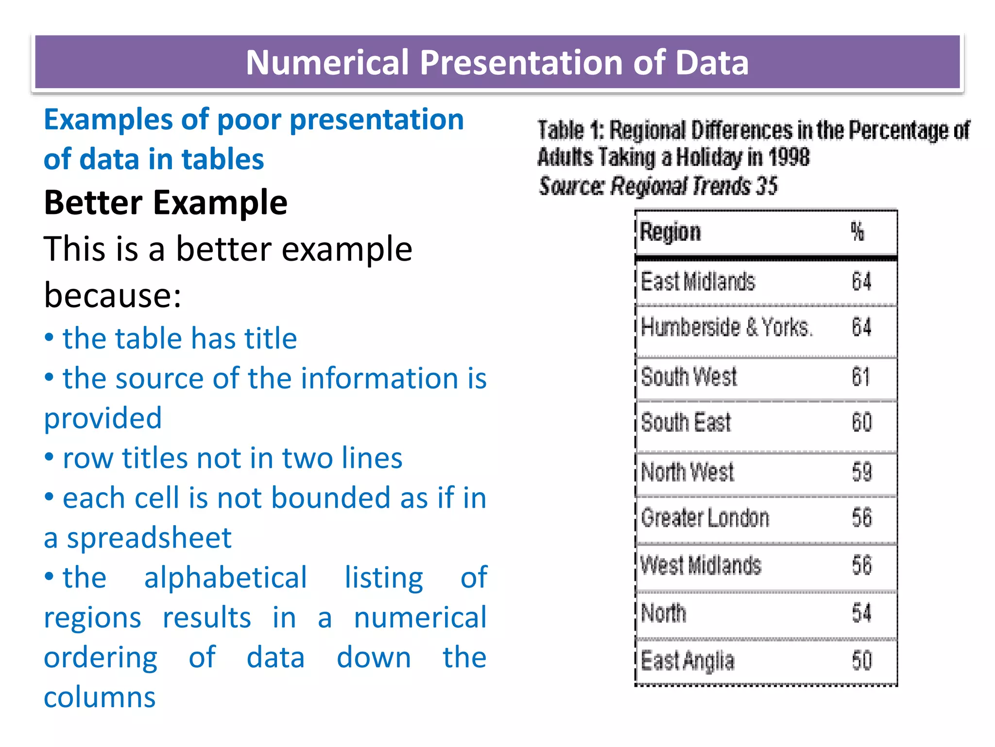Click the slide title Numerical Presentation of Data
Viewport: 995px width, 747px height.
click(497, 62)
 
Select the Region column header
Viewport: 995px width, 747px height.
click(670, 232)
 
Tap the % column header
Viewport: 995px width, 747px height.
click(858, 231)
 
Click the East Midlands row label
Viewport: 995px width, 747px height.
click(698, 282)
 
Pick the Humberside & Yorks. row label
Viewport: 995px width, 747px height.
click(726, 327)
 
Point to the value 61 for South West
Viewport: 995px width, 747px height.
click(861, 377)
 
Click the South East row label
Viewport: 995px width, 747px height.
click(686, 422)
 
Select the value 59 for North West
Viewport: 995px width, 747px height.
click(862, 472)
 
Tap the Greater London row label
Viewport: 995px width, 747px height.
click(705, 518)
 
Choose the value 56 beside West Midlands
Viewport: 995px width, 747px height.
click(862, 566)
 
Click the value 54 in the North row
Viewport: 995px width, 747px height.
click(861, 613)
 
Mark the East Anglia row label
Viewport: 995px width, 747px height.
click(687, 661)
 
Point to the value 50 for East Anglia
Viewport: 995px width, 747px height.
click(862, 660)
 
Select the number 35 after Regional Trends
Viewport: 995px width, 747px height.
click(767, 186)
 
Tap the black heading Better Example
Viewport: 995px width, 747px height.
click(166, 202)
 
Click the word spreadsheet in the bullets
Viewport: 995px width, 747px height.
click(149, 538)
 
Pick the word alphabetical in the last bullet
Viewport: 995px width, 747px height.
click(225, 578)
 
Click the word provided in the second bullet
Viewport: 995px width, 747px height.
click(103, 418)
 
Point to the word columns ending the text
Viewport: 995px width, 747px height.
click(100, 697)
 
